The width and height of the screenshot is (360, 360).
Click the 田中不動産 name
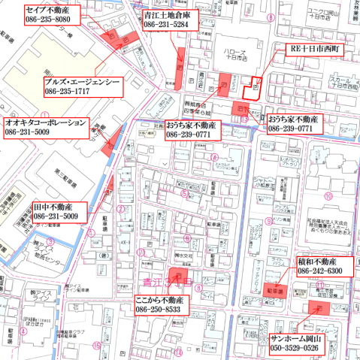point(53,206)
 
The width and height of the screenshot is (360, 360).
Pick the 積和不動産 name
point(320,260)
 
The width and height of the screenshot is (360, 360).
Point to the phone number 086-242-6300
point(320,271)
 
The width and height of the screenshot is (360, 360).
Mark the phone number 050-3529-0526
point(298,350)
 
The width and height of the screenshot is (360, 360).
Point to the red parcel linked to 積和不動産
point(277,289)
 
